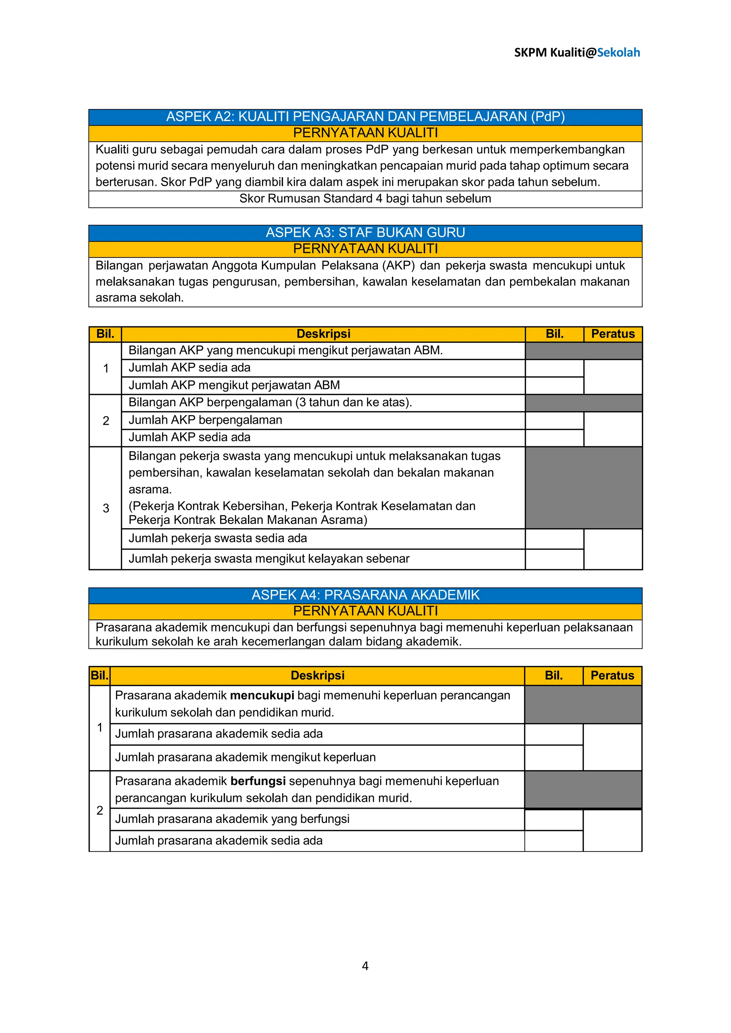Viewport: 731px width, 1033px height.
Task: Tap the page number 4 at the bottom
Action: (x=365, y=966)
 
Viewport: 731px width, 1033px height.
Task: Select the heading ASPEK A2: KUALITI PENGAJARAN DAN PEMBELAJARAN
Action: (x=365, y=117)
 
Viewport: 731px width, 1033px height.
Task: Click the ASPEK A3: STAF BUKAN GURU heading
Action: (x=365, y=233)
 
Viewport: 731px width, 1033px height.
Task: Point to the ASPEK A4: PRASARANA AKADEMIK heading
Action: (x=365, y=595)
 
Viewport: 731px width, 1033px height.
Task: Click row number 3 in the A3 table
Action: (x=106, y=508)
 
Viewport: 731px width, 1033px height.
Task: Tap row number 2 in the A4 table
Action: (x=100, y=810)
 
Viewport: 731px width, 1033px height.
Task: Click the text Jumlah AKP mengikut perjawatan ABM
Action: (x=234, y=385)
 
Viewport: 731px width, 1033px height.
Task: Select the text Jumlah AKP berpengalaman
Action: (x=205, y=420)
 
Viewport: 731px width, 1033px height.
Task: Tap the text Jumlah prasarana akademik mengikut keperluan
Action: (x=245, y=757)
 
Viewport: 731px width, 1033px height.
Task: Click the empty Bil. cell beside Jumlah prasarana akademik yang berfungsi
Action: (x=554, y=819)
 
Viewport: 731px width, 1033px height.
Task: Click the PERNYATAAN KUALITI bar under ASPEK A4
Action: (x=365, y=611)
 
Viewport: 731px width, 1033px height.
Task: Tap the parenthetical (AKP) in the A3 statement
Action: (x=398, y=265)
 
